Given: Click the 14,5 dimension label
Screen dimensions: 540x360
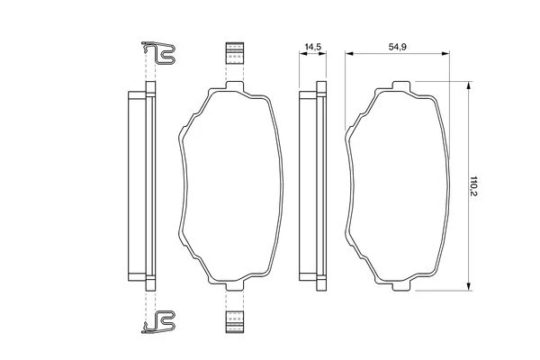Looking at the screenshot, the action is point(312,47).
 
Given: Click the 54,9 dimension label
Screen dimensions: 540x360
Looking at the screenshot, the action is point(398,47).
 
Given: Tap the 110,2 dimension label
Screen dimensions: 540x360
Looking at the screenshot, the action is point(473,186).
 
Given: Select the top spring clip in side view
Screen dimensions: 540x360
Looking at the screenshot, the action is point(158,53).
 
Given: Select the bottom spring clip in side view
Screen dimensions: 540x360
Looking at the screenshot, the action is point(158,322).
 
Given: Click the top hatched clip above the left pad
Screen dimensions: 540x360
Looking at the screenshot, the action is point(235,53).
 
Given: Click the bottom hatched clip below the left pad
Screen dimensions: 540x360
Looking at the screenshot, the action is point(235,322).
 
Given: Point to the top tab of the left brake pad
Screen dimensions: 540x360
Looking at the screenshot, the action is point(235,85).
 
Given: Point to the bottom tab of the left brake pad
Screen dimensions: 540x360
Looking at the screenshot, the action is point(235,285).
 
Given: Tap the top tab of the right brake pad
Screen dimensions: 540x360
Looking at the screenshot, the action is point(401,85).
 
